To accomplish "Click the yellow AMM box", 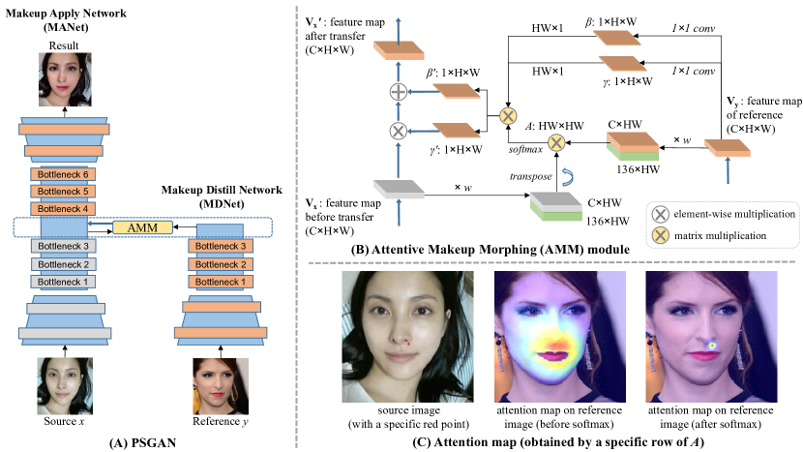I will [143, 226].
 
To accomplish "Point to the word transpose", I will [530, 177].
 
